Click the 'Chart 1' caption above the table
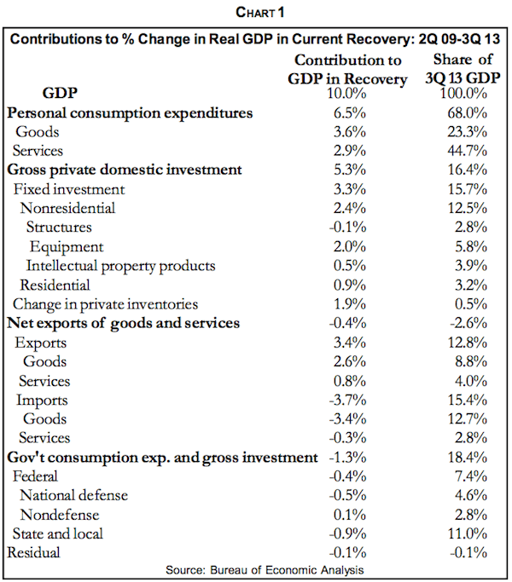[x=255, y=13]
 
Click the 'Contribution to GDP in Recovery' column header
[x=346, y=68]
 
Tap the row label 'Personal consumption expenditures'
[x=130, y=112]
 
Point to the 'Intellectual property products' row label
[x=120, y=265]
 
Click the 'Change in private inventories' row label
[x=105, y=303]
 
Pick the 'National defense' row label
[x=74, y=495]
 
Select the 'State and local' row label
[x=58, y=533]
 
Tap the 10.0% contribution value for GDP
[x=346, y=92]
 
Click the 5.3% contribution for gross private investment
[x=346, y=170]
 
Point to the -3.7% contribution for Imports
[x=346, y=399]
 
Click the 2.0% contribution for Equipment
[x=346, y=246]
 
